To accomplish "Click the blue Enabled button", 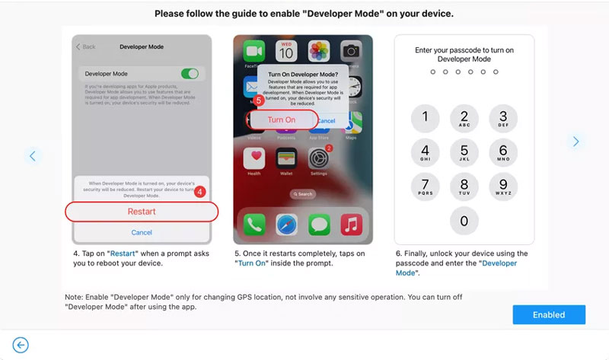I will tap(549, 314).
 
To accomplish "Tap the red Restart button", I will tap(142, 212).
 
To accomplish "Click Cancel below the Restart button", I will tap(142, 232).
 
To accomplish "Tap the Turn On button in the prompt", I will tap(282, 119).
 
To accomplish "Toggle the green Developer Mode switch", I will tap(190, 74).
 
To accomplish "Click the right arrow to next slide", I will tap(576, 141).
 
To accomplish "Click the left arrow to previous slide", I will tap(32, 156).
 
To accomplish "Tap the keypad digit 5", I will tap(464, 151).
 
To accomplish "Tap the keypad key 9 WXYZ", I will tap(503, 186).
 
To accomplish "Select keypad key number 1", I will tap(425, 117).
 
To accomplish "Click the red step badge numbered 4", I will tap(200, 192).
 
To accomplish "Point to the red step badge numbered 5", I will tap(258, 100).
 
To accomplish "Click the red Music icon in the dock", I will tap(350, 224).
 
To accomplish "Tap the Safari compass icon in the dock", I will tap(285, 224).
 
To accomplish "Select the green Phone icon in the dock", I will tap(253, 224).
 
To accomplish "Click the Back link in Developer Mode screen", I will tap(85, 47).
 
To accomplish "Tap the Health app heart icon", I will tap(253, 158).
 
